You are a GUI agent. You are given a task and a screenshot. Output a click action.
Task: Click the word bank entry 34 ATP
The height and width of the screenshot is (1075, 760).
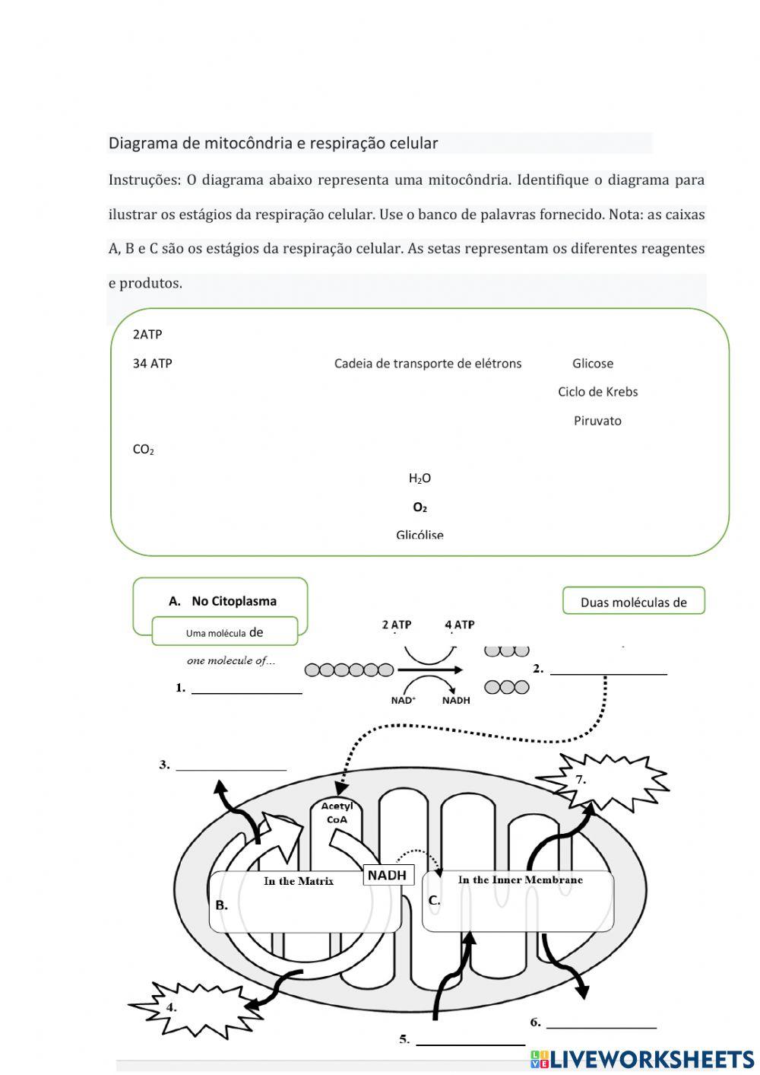point(152,364)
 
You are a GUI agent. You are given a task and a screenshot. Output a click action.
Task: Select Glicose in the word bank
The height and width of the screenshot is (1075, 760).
point(592,364)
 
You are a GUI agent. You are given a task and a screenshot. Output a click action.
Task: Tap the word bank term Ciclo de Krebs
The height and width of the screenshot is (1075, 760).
point(597,392)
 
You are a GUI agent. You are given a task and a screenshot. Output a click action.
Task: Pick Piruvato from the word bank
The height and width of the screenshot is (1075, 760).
point(597,421)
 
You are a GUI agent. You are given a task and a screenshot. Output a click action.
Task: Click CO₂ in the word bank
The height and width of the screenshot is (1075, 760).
point(143,450)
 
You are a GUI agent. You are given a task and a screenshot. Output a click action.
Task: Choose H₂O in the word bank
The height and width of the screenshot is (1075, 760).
point(420,479)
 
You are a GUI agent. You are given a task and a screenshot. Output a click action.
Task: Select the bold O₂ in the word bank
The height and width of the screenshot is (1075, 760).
point(420,507)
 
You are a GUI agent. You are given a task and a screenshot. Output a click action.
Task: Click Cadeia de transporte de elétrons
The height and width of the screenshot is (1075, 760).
point(428,364)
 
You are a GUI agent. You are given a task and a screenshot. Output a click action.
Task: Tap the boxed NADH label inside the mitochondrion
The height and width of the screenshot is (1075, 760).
point(388,876)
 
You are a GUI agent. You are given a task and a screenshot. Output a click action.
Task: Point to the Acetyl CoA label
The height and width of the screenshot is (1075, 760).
point(337,813)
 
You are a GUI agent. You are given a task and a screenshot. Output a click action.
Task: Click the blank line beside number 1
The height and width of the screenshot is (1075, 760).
point(246,689)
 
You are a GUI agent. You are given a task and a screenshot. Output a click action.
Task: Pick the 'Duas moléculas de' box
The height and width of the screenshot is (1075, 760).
point(633,602)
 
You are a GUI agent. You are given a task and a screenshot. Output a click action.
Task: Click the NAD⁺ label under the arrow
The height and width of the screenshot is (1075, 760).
point(403,701)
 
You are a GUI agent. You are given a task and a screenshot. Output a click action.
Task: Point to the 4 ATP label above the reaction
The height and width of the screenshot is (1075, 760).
point(459,625)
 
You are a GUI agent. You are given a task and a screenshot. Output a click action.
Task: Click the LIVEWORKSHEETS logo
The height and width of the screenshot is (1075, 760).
point(642,1059)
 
